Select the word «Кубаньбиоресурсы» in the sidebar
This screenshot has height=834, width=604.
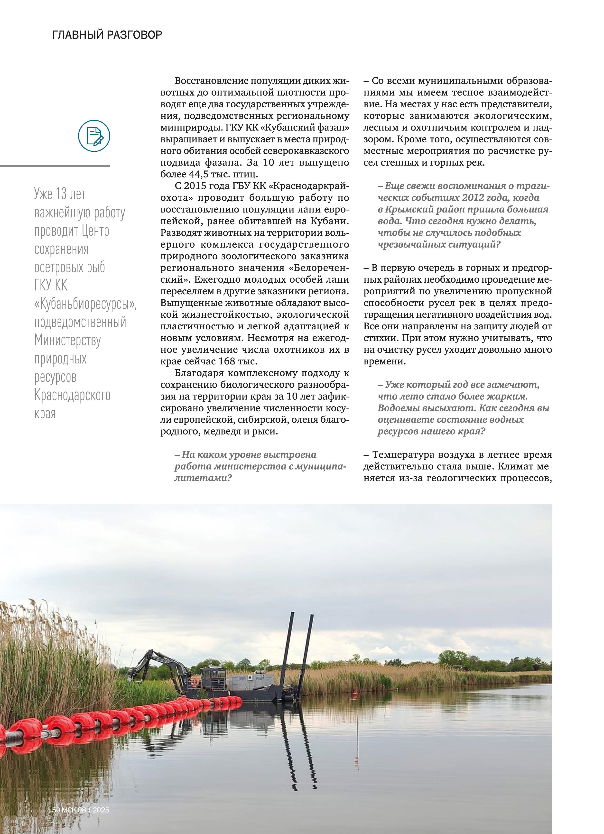pos(85,304)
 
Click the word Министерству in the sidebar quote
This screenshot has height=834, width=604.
pos(68,340)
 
